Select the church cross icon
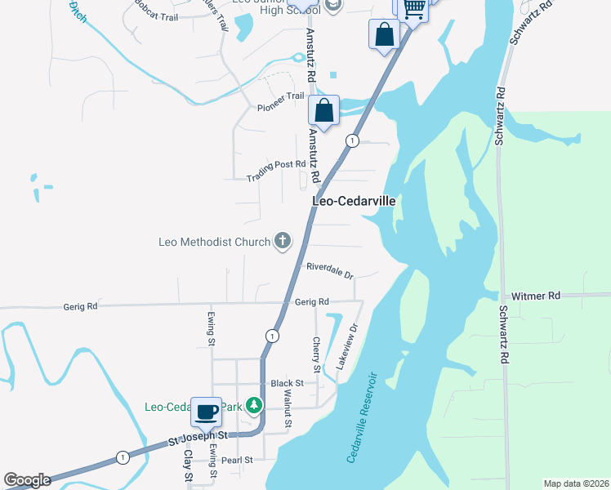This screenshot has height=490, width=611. (x=283, y=240)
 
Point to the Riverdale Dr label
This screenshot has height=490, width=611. (x=329, y=269)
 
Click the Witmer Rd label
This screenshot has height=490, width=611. (x=536, y=296)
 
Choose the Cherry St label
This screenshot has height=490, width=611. (x=315, y=353)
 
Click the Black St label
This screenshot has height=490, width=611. (x=287, y=383)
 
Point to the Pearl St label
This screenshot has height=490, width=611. (x=238, y=461)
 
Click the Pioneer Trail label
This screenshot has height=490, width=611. (x=280, y=102)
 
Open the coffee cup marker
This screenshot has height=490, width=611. (x=206, y=412)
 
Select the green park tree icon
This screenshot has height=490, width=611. (x=254, y=405)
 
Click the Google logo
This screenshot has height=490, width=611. (x=27, y=480)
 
